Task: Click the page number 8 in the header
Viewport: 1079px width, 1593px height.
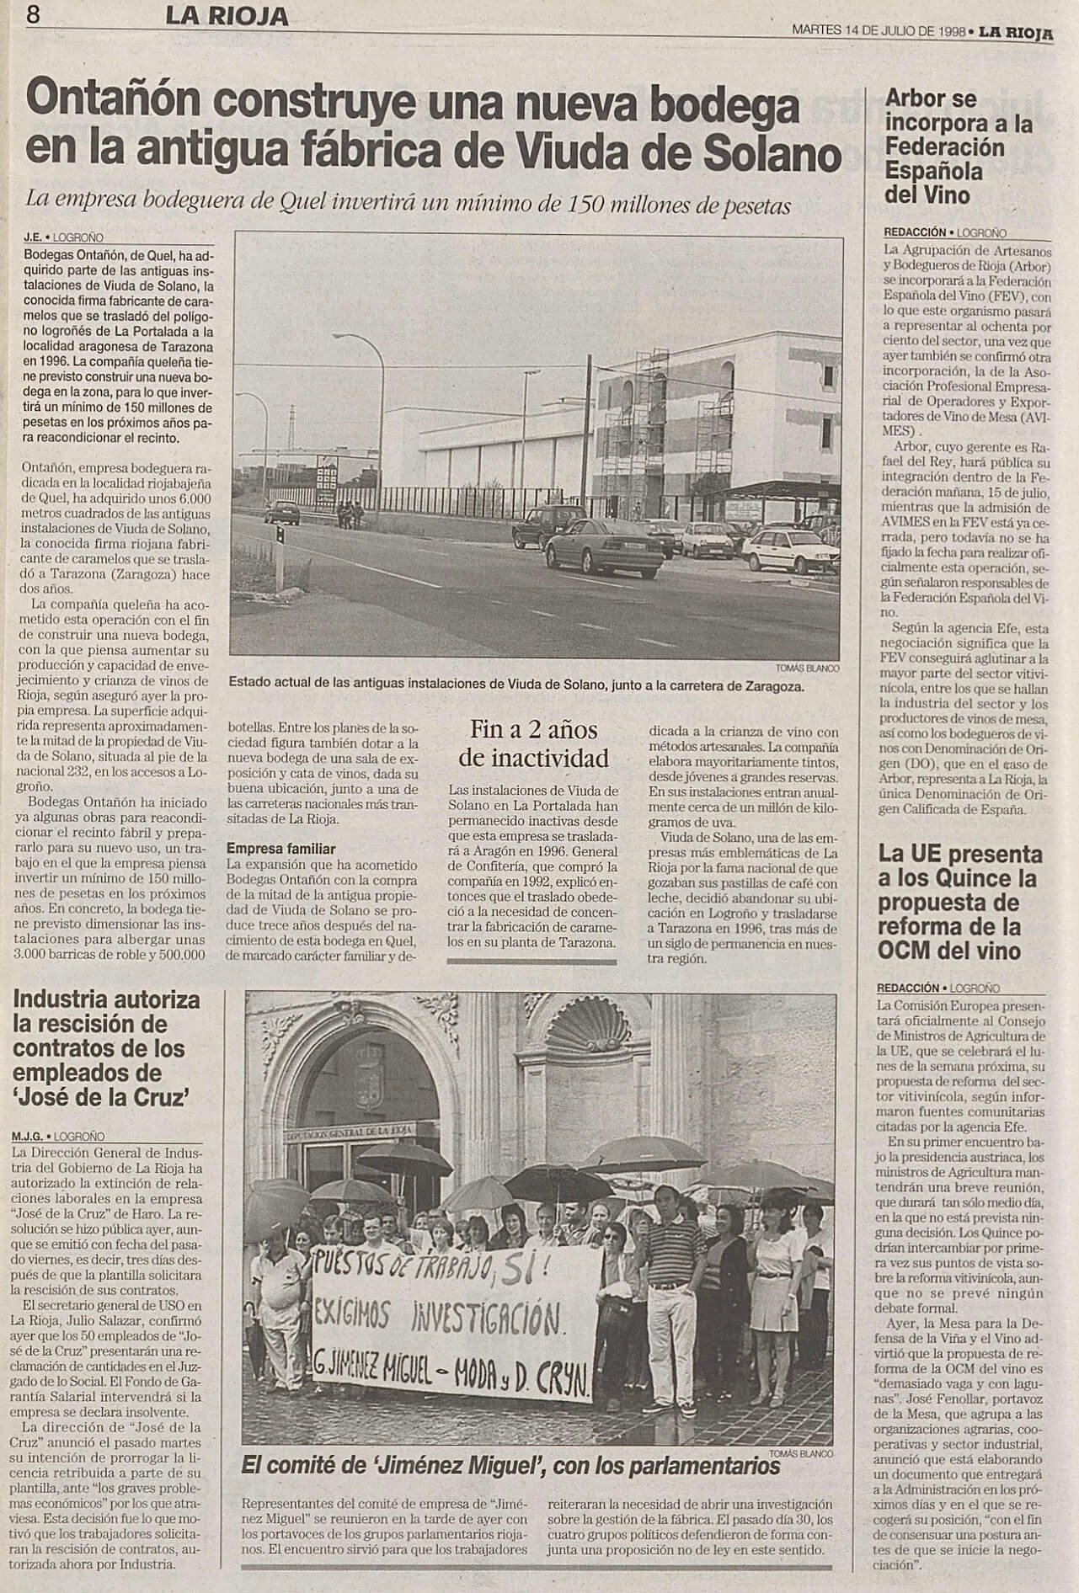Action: (x=35, y=14)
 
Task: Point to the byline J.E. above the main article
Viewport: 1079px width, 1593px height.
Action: (x=35, y=238)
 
